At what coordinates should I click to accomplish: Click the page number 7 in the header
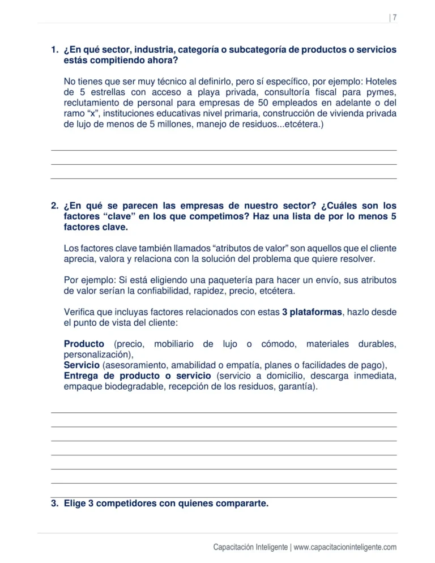tap(394, 18)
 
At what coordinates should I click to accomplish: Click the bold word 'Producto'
tap(84, 344)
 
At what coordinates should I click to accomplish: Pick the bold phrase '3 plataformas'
tap(312, 312)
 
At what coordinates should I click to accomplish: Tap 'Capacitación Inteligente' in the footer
tap(250, 547)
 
